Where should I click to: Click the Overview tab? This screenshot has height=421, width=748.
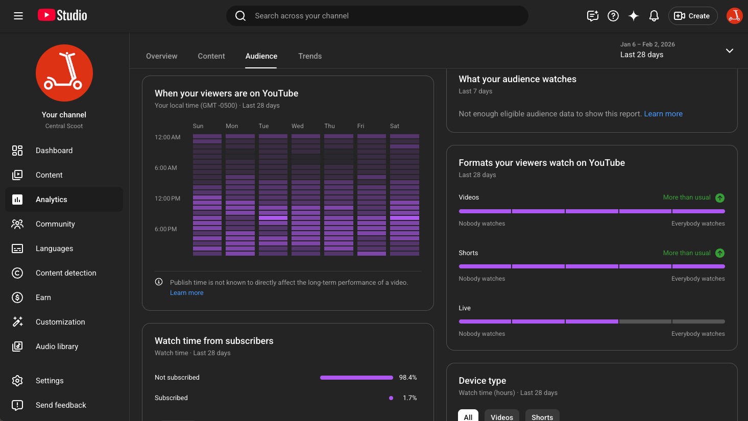click(x=161, y=56)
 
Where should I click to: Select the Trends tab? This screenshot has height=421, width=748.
click(x=310, y=56)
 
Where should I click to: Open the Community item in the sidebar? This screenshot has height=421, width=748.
click(x=55, y=224)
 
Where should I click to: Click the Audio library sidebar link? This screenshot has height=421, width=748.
click(x=57, y=346)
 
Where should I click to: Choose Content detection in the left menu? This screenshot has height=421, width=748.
click(x=66, y=273)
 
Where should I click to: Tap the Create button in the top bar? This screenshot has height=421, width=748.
click(x=692, y=16)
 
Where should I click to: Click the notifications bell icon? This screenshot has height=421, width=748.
click(x=654, y=16)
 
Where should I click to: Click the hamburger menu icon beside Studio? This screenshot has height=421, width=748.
click(x=18, y=16)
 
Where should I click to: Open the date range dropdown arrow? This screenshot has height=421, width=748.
click(x=729, y=51)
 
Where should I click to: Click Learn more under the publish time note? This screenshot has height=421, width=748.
click(x=186, y=293)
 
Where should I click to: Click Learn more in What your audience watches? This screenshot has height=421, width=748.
click(x=663, y=114)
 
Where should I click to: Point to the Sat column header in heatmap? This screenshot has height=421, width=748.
click(x=395, y=126)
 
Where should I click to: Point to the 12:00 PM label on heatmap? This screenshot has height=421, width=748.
click(x=167, y=199)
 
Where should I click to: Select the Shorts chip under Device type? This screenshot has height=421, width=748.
click(x=542, y=416)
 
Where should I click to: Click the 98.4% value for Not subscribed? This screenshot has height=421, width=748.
click(x=407, y=378)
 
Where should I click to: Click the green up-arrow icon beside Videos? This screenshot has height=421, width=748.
click(x=719, y=198)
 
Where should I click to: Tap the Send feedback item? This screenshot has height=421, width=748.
click(x=61, y=405)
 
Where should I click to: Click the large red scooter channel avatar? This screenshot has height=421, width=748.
click(x=64, y=73)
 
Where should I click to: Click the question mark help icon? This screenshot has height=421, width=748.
click(x=613, y=16)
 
